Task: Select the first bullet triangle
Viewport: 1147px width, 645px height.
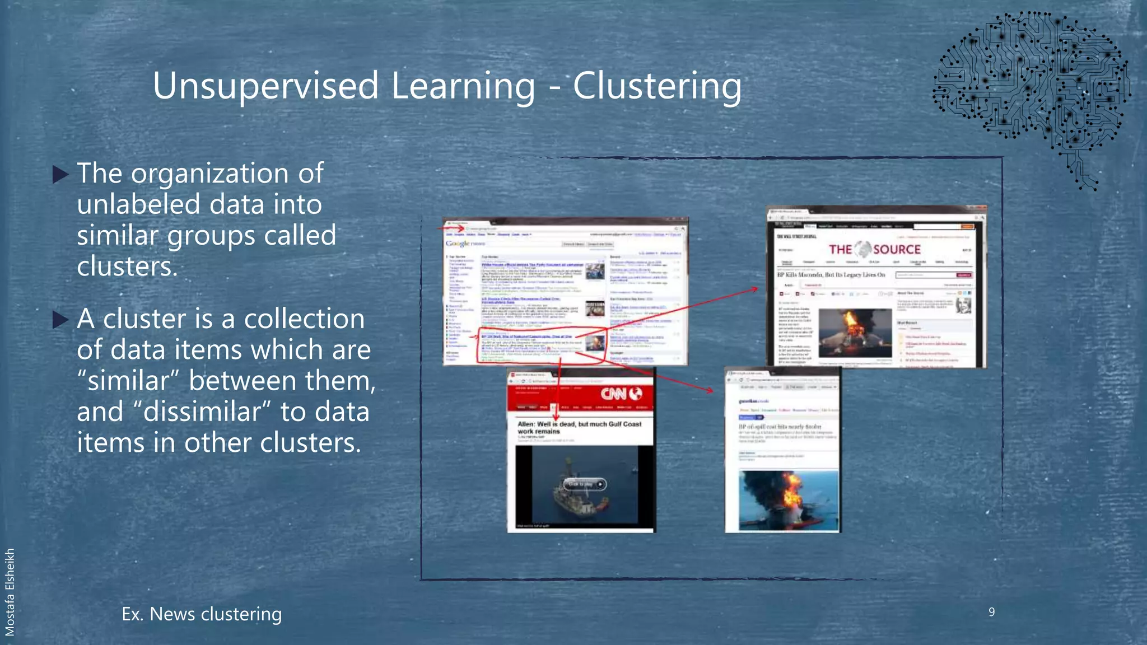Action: pos(60,175)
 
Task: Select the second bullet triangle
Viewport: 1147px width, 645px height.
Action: pos(60,320)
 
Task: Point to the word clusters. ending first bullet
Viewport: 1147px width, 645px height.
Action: pos(127,267)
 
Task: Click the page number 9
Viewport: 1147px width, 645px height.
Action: pos(991,612)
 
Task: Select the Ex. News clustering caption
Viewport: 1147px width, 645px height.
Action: pos(202,614)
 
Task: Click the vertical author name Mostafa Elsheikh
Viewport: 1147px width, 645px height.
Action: pos(10,592)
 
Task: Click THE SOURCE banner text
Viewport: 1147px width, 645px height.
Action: pos(874,250)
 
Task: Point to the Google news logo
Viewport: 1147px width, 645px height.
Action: pos(464,244)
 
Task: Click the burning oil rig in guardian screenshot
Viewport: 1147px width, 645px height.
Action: pos(788,498)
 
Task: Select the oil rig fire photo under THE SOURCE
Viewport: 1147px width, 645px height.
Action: pos(854,332)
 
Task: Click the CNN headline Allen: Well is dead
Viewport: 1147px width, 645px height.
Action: pos(579,427)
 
